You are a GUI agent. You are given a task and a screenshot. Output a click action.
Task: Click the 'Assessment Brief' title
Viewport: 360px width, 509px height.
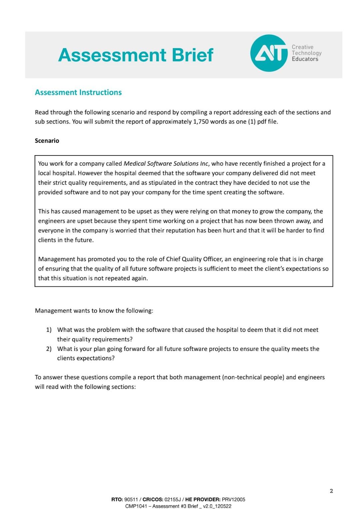pyautogui.click(x=135, y=55)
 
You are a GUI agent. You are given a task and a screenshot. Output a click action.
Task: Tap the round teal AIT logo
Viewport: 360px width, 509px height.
pyautogui.click(x=269, y=53)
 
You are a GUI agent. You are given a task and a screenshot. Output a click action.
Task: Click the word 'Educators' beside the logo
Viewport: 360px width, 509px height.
pyautogui.click(x=305, y=59)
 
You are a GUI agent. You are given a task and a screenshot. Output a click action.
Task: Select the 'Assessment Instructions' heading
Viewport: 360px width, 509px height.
pyautogui.click(x=78, y=92)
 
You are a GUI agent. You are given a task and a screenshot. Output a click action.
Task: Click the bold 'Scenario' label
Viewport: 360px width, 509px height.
pyautogui.click(x=47, y=141)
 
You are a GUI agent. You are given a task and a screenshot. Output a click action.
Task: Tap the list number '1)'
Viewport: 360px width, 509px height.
pyautogui.click(x=49, y=330)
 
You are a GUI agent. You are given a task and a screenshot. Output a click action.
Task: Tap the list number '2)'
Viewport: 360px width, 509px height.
pyautogui.click(x=49, y=349)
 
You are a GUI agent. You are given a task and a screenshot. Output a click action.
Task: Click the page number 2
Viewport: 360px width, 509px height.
pyautogui.click(x=331, y=491)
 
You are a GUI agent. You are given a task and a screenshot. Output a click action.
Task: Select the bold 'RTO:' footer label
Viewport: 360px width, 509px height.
pyautogui.click(x=117, y=499)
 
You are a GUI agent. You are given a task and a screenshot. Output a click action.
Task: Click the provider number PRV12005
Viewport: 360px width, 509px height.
pyautogui.click(x=233, y=499)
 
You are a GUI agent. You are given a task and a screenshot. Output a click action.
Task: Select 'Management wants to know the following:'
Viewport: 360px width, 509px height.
pyautogui.click(x=94, y=311)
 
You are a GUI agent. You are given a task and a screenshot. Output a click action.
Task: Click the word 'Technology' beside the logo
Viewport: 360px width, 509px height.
pyautogui.click(x=307, y=53)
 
